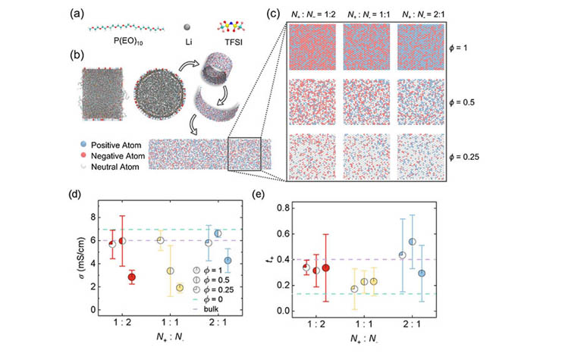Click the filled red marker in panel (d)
[131, 277]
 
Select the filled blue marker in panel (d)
[228, 261]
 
